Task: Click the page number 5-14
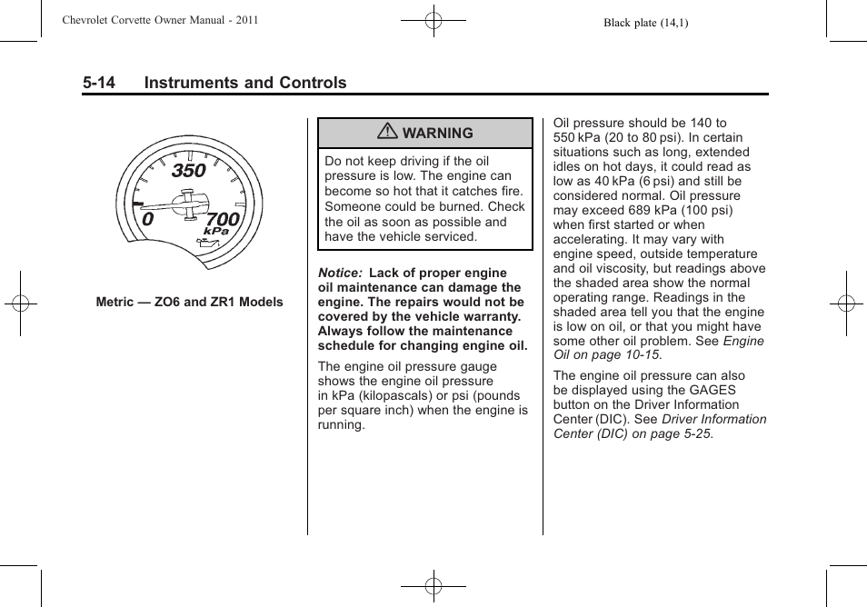point(98,83)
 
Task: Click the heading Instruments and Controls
point(245,83)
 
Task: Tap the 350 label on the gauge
point(189,170)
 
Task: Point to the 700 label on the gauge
point(223,219)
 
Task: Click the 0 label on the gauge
point(147,219)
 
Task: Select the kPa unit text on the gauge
point(216,233)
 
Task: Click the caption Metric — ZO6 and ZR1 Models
point(190,302)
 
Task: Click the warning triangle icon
point(388,133)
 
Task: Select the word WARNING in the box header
point(437,133)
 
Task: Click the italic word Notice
point(339,273)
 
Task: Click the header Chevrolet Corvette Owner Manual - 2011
point(161,20)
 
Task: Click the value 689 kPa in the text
point(653,210)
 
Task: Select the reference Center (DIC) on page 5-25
point(633,433)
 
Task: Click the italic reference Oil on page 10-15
point(607,355)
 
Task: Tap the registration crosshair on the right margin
point(845,303)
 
